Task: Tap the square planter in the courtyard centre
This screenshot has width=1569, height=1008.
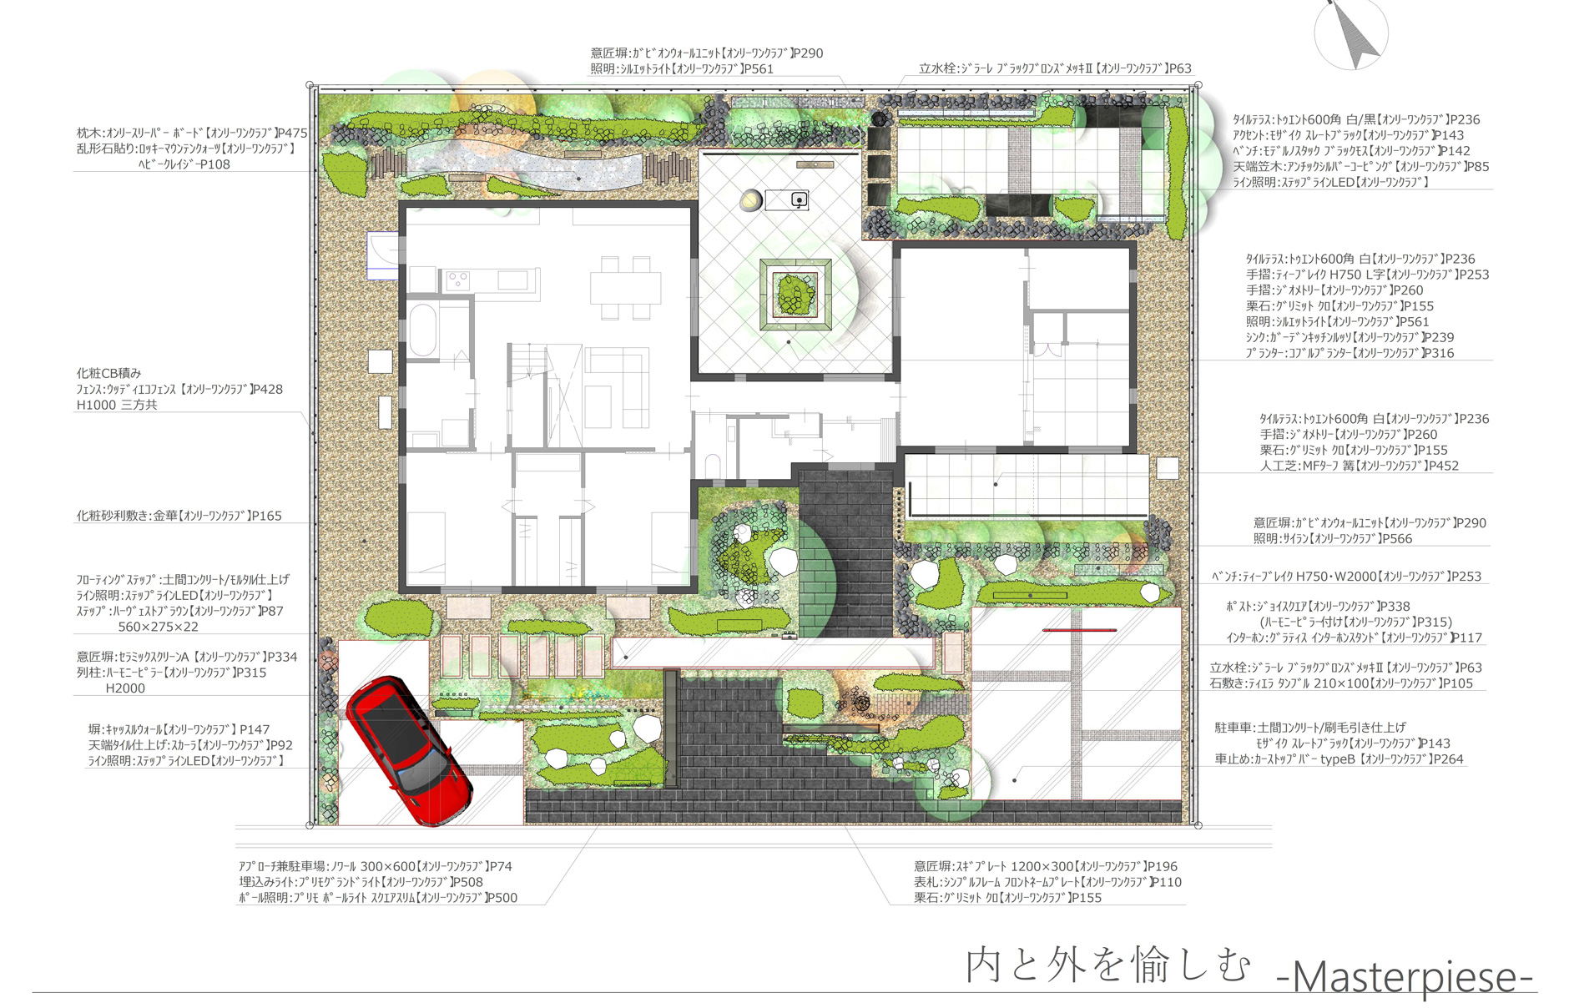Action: point(795,295)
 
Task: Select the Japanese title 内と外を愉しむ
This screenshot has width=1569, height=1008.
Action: point(1108,965)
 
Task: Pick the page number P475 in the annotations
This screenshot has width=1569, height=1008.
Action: point(291,133)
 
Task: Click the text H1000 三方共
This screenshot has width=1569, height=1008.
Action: point(117,405)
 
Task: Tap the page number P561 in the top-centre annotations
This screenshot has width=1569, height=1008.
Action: point(758,69)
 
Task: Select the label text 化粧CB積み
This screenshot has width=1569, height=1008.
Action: point(109,373)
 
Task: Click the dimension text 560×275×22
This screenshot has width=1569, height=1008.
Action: point(159,627)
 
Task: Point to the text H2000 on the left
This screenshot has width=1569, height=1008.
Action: point(125,688)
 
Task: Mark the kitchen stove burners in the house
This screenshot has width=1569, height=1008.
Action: point(457,280)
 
